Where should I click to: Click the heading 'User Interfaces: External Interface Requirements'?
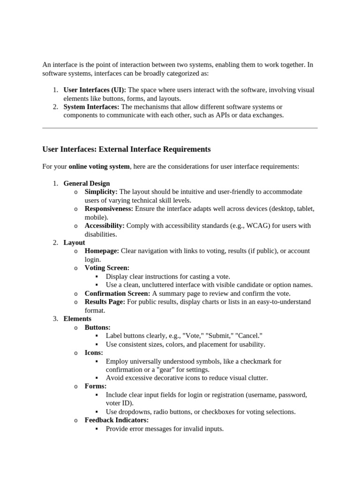coord(126,150)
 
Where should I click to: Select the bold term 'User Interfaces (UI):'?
coord(95,90)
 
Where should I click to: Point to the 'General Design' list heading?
coord(87,183)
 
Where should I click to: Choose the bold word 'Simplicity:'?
coord(101,192)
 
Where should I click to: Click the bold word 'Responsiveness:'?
coord(109,209)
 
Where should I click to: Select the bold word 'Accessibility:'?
coord(105,225)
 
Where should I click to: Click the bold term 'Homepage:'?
coord(102,251)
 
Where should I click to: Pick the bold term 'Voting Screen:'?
coord(107,268)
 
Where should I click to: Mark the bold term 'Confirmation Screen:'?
coord(117,293)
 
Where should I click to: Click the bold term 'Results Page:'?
coord(105,302)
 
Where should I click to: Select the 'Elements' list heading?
coord(77,319)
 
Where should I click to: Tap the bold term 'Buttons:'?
coord(97,327)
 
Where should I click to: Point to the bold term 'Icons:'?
coord(94,352)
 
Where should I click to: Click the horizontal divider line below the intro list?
coord(180,127)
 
